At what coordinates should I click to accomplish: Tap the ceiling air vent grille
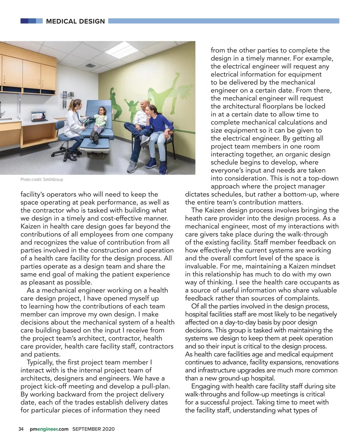pyautogui.click(x=90, y=66)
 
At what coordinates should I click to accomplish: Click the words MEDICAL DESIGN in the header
pyautogui.click(x=75, y=21)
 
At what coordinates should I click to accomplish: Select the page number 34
pyautogui.click(x=21, y=429)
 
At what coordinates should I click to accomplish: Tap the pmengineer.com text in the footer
pyautogui.click(x=49, y=429)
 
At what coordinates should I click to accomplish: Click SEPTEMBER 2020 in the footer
pyautogui.click(x=93, y=429)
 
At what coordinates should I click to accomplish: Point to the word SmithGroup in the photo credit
pyautogui.click(x=53, y=180)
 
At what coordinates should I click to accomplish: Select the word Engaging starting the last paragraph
pyautogui.click(x=205, y=386)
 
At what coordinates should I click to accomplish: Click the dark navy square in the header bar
pyautogui.click(x=24, y=21)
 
